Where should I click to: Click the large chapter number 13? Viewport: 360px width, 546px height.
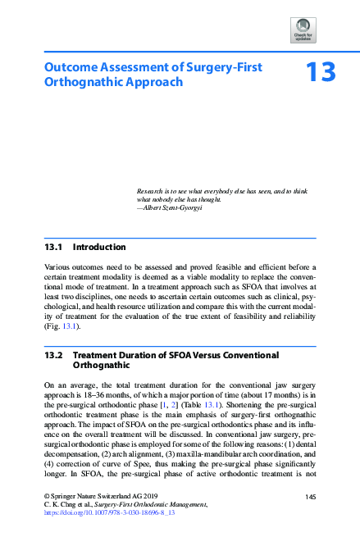[x=321, y=73]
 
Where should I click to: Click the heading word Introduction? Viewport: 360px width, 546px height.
[x=99, y=247]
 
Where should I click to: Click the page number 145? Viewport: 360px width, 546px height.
[x=310, y=497]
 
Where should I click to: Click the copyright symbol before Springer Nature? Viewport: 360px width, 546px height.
[x=45, y=498]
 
